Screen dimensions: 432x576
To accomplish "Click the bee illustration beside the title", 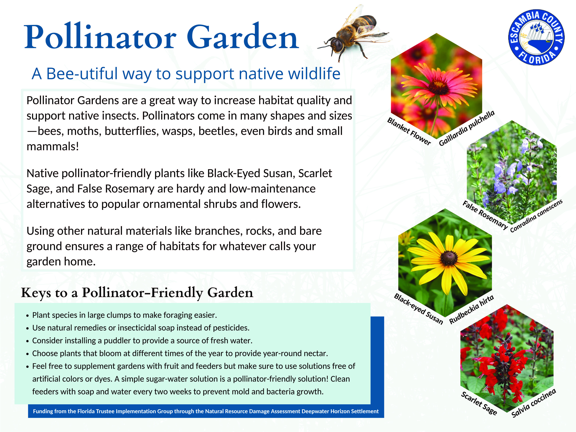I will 354,34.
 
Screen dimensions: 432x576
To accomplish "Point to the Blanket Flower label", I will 409,131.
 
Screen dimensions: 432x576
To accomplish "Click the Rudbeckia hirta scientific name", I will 471,309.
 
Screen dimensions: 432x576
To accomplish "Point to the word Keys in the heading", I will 36,293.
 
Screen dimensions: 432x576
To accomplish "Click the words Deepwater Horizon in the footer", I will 326,411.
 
